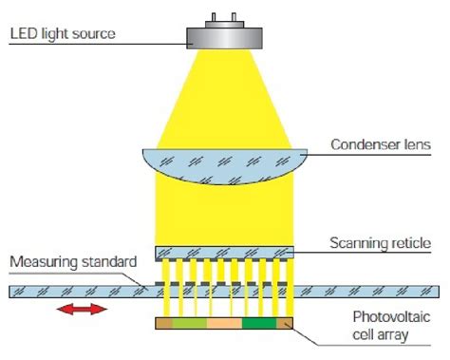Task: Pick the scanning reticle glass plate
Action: point(225,252)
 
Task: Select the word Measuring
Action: point(41,260)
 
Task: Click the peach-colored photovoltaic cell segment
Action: point(224,325)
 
